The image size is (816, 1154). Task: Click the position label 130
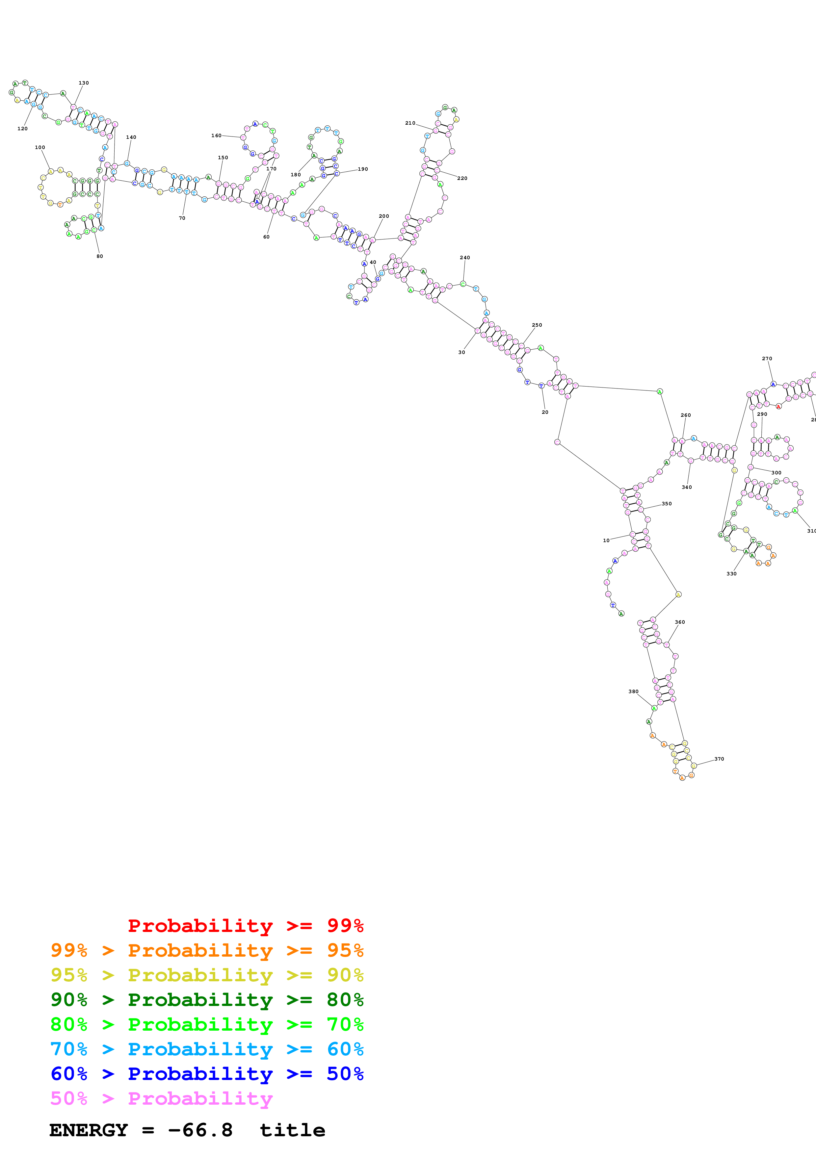coord(84,83)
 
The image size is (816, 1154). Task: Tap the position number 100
coord(40,147)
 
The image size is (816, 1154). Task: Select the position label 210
coord(410,123)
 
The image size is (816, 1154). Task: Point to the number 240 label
coord(464,257)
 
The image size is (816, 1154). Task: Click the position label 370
coord(719,759)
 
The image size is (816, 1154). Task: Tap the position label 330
coord(731,573)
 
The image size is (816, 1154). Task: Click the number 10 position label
coord(606,540)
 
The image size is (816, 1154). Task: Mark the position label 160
coord(216,135)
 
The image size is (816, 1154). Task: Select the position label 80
coord(99,256)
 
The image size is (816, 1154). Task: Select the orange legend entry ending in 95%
coord(207,950)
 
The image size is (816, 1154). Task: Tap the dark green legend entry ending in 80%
coord(207,999)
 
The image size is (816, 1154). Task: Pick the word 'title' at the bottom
coord(292,1130)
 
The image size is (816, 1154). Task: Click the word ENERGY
coord(89,1130)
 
